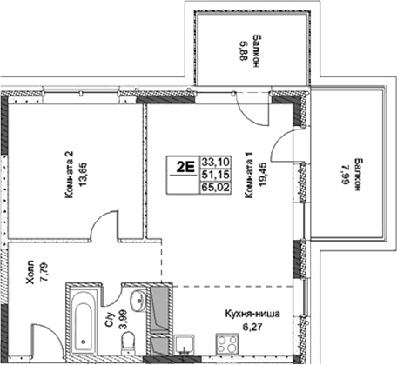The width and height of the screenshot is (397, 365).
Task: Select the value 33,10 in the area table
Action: (212, 162)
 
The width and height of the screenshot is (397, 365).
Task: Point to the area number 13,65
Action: (84, 174)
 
